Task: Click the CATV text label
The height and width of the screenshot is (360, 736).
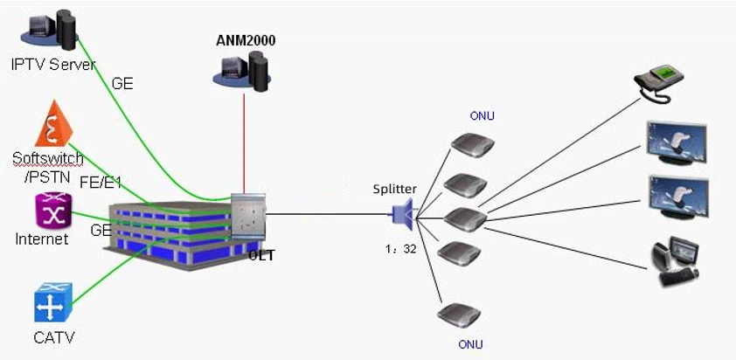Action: click(54, 337)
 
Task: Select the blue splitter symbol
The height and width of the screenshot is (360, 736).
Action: click(402, 213)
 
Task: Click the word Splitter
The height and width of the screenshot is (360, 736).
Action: click(394, 189)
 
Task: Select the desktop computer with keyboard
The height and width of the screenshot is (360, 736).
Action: click(676, 259)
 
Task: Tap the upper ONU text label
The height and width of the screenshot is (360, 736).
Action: click(482, 116)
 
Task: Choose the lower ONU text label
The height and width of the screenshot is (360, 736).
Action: click(470, 344)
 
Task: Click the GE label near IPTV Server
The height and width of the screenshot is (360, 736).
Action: click(123, 85)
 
